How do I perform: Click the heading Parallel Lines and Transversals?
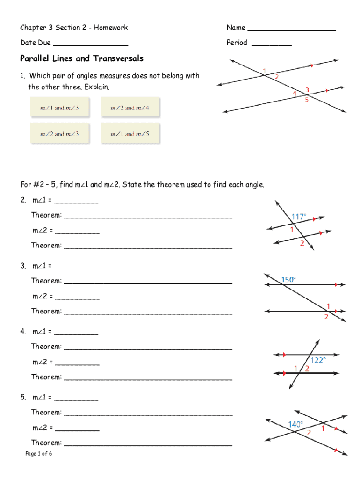(82, 58)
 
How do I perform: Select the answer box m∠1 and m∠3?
(59, 108)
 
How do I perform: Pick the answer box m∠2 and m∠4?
(130, 108)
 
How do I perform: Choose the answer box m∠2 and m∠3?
(59, 134)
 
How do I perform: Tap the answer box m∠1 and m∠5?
(130, 134)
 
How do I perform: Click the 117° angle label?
(299, 217)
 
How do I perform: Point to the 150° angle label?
(288, 280)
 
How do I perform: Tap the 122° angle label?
(318, 360)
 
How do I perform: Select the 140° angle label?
(295, 424)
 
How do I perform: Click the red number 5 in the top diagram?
(307, 100)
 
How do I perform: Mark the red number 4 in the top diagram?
(294, 94)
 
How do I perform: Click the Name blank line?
(291, 30)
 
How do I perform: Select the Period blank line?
(271, 45)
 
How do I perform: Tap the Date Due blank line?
(91, 45)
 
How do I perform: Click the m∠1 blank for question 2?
(76, 203)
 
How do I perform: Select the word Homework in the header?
(111, 28)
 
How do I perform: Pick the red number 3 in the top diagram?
(307, 89)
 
